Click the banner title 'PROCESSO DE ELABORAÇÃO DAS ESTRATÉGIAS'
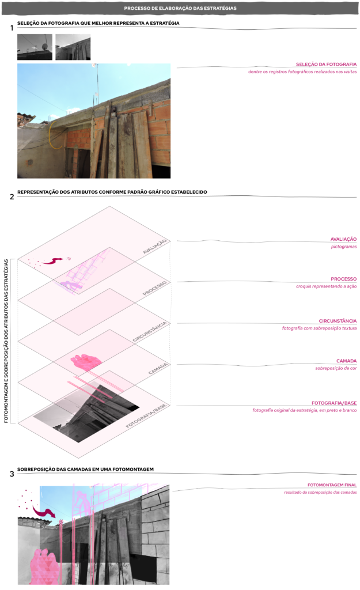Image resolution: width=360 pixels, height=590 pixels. point(180,8)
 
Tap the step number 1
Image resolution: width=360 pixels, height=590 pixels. point(12,28)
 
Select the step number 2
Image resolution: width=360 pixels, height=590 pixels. point(12,197)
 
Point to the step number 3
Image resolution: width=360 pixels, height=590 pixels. point(12,474)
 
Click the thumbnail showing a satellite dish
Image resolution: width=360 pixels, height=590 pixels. point(35,47)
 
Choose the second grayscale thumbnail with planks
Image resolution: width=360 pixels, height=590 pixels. point(73,47)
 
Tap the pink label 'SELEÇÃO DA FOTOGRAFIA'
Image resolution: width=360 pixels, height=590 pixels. point(326,65)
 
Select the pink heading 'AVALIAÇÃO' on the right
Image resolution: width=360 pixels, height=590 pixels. point(343,239)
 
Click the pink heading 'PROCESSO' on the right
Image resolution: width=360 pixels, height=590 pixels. point(343,279)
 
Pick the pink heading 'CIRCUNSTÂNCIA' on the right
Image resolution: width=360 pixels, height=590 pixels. point(338,321)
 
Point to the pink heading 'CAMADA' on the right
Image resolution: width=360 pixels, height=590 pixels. point(346,361)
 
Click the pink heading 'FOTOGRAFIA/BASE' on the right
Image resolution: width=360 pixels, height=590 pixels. point(334,403)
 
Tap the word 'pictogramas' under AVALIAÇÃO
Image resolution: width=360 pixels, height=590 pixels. point(344,247)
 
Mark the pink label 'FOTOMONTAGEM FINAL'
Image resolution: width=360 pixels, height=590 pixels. point(332,485)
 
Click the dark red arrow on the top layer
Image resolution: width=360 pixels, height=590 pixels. point(52,260)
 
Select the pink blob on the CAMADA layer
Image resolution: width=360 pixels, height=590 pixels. point(86,362)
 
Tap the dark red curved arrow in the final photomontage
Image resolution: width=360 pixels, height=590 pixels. point(43,512)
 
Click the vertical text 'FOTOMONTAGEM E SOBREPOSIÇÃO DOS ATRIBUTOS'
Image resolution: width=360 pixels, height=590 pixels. point(6,341)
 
